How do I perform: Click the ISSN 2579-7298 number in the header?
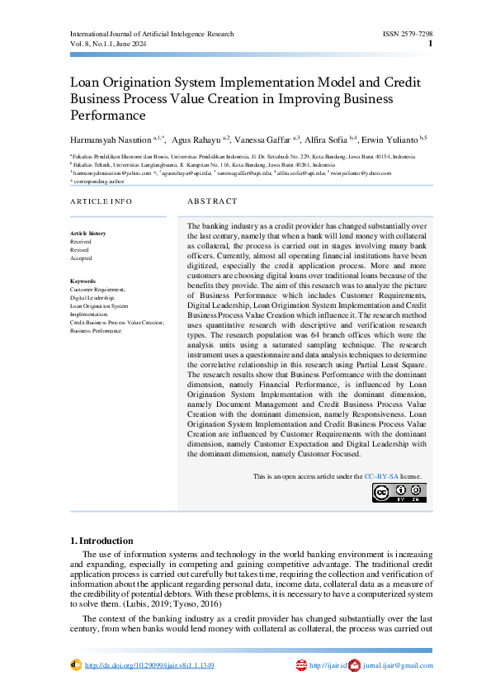coord(407,34)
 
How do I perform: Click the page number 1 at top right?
coord(430,44)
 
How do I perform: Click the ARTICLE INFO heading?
coord(101,201)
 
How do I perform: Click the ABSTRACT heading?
coord(213,201)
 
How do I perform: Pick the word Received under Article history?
coord(81,241)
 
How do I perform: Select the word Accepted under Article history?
coord(81,258)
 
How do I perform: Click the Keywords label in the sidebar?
coord(83,281)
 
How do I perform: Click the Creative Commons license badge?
coord(399,493)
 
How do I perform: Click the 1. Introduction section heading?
coord(102,541)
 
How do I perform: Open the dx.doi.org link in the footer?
coord(149,665)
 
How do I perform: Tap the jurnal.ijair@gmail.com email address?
coord(398,665)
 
